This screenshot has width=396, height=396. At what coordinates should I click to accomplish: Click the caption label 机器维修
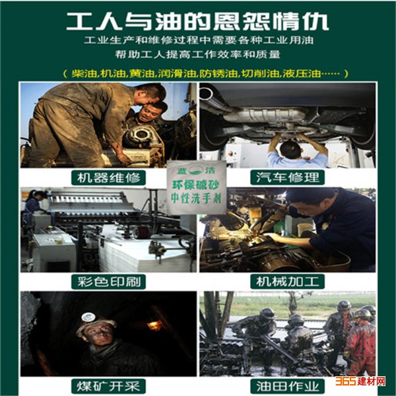click(x=109, y=178)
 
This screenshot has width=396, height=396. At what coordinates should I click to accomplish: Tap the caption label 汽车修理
click(x=287, y=178)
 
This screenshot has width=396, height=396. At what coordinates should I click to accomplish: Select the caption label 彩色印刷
click(x=109, y=282)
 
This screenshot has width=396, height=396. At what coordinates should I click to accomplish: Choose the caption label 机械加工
click(x=287, y=282)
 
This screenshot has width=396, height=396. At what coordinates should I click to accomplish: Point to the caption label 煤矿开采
click(x=109, y=386)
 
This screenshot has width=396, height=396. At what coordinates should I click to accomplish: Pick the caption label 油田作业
click(x=287, y=386)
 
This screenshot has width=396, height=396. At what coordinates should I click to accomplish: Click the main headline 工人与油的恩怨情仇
click(x=197, y=22)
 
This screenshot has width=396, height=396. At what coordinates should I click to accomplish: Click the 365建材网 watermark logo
click(x=360, y=381)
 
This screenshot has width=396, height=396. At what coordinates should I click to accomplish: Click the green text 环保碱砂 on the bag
click(x=195, y=185)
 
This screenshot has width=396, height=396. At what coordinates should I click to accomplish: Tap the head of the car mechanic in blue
click(x=290, y=149)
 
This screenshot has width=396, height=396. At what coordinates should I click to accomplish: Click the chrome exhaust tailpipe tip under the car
click(x=205, y=94)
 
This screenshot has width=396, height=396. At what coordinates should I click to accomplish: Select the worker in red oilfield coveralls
click(x=360, y=343)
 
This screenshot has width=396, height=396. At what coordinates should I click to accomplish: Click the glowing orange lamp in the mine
click(x=154, y=325)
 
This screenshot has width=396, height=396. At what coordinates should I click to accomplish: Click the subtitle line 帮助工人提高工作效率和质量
click(x=198, y=55)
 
